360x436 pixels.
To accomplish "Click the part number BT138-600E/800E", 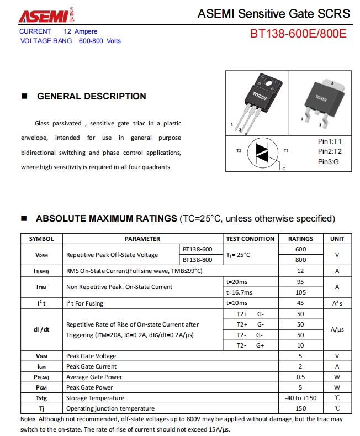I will (298, 34).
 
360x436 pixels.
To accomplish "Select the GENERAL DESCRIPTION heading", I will (91, 96).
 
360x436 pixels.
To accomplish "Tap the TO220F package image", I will (257, 103).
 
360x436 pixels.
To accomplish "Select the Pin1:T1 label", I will (330, 141).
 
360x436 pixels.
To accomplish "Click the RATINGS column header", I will (300, 239).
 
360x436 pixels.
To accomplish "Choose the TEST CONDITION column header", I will (250, 239).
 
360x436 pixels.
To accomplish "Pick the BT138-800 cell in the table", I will (197, 260).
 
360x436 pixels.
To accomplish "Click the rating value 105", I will (300, 292).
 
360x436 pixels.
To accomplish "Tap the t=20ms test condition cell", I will (237, 282).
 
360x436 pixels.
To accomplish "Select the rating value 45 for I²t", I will (300, 303).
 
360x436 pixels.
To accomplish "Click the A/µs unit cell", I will (337, 329).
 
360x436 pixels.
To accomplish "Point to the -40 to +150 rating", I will (300, 398).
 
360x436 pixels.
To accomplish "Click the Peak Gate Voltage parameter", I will (91, 356).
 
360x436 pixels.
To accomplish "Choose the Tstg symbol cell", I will (41, 398).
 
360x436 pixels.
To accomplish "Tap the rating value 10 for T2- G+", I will (300, 345).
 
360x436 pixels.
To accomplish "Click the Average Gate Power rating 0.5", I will (300, 377).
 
